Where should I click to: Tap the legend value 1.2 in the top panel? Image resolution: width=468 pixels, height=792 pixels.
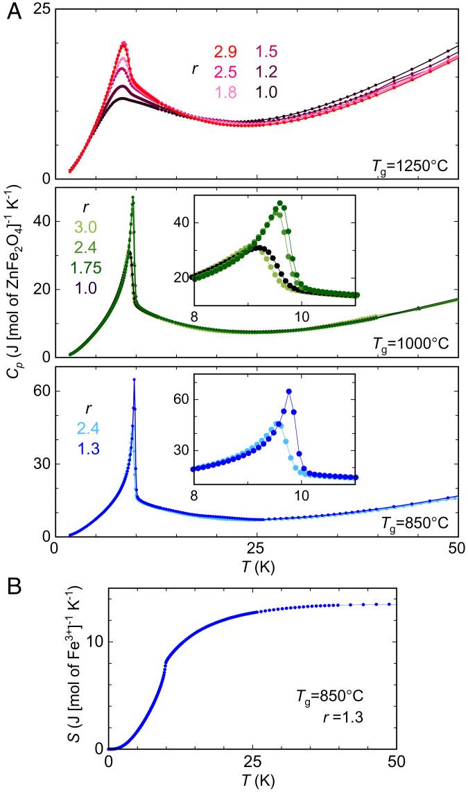pyautogui.click(x=267, y=70)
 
